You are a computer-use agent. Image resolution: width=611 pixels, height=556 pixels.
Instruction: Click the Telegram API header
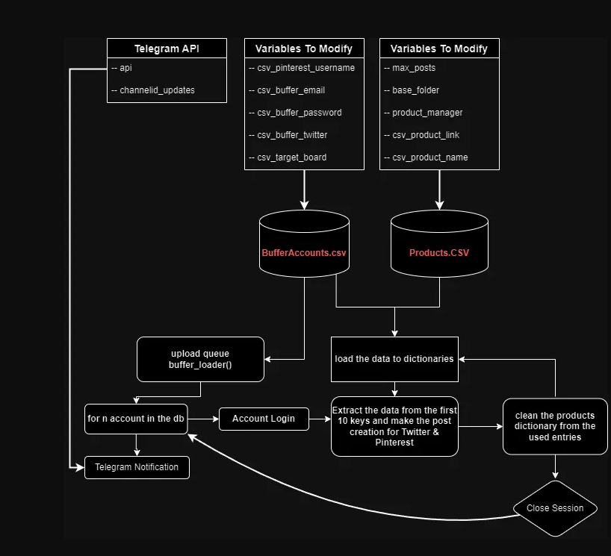[x=167, y=49]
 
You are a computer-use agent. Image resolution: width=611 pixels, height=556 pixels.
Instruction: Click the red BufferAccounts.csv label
[x=304, y=253]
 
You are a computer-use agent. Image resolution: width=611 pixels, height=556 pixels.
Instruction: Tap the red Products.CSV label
[x=439, y=253]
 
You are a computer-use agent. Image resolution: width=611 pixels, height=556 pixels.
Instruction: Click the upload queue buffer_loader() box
[x=200, y=359]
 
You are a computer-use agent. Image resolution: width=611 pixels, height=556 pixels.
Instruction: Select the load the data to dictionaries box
[x=394, y=358]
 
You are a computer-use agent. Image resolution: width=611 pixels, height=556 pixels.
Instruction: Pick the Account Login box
[x=263, y=419]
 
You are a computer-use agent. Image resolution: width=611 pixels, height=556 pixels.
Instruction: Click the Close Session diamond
[x=555, y=508]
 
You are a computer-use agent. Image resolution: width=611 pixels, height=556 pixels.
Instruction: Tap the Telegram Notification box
[x=137, y=467]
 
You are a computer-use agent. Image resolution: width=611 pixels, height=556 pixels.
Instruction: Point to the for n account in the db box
[x=136, y=419]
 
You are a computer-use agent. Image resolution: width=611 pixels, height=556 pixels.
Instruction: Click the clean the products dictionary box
[x=555, y=426]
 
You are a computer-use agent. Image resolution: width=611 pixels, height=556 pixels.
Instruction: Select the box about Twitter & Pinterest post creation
[x=394, y=426]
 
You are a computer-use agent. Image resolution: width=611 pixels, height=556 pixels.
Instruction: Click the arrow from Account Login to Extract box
[x=319, y=419]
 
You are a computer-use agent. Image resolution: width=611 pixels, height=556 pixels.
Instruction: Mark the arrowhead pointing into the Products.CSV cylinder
[x=439, y=204]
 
